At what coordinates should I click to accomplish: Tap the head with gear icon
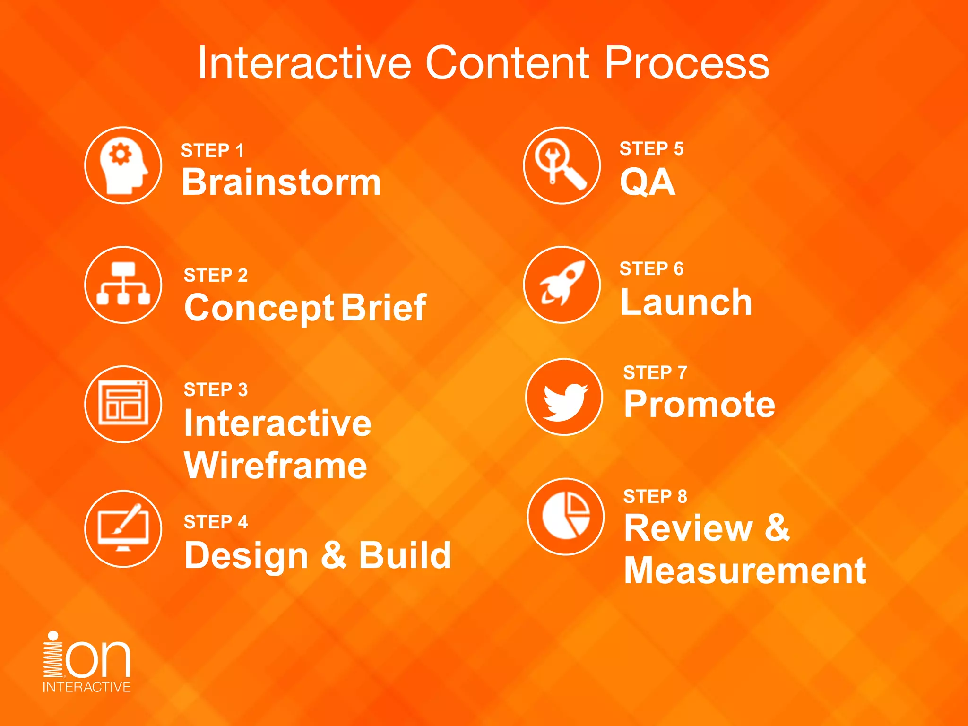(123, 166)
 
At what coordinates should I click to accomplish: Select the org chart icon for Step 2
(123, 285)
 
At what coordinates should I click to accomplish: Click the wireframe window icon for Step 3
(123, 404)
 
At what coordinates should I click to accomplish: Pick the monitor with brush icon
(123, 528)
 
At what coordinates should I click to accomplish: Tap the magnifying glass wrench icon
(562, 165)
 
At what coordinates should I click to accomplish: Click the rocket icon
(562, 285)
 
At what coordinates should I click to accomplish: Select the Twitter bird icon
(564, 397)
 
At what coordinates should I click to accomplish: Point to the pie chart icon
(566, 516)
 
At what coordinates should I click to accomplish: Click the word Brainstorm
(281, 182)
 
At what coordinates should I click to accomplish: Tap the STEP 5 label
(651, 149)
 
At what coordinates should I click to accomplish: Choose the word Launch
(686, 302)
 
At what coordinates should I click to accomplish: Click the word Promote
(700, 405)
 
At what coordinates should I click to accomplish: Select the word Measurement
(745, 571)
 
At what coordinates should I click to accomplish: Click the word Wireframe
(276, 466)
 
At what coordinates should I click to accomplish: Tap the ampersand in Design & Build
(334, 555)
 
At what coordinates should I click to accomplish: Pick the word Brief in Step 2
(383, 308)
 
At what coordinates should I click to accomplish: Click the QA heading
(648, 182)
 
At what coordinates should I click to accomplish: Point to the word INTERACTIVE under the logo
(86, 687)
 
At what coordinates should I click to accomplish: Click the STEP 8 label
(655, 496)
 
